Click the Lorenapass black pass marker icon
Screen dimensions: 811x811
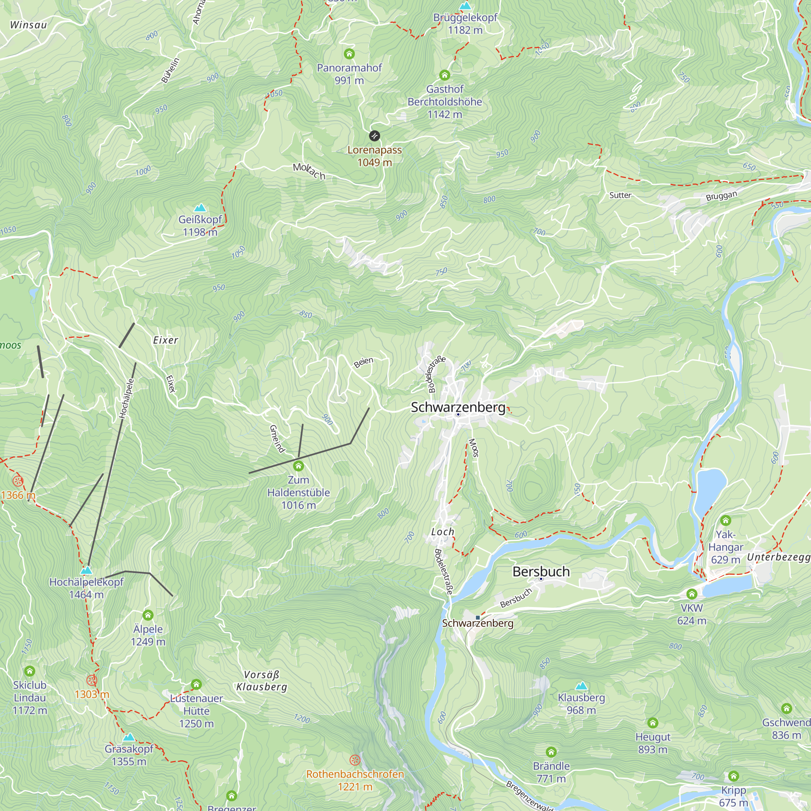click(x=374, y=135)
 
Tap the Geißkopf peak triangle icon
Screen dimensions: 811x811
click(x=200, y=208)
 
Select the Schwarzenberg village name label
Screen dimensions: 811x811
click(x=458, y=407)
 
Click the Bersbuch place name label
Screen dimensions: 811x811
click(x=541, y=571)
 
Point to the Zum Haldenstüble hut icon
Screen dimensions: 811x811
click(x=298, y=466)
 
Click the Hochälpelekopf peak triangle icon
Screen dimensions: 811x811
click(x=86, y=570)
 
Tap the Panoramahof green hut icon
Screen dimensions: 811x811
click(x=349, y=54)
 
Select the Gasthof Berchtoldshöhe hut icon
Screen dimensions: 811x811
click(x=444, y=75)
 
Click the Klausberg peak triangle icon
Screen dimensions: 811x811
click(x=581, y=686)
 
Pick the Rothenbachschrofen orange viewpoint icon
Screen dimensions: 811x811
click(x=355, y=760)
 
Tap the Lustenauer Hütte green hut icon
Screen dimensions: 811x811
click(x=196, y=684)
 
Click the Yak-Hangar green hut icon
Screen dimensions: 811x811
click(x=725, y=521)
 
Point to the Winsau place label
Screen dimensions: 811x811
click(x=28, y=25)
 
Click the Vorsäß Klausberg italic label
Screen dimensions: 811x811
click(x=262, y=681)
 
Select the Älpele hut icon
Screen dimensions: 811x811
click(x=148, y=616)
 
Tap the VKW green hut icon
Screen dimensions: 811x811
click(x=692, y=594)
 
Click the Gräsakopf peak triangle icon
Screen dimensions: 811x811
click(x=129, y=737)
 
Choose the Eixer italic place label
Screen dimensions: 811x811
click(x=166, y=340)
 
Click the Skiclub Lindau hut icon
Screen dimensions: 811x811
click(x=29, y=671)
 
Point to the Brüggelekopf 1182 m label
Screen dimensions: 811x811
click(x=465, y=24)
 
